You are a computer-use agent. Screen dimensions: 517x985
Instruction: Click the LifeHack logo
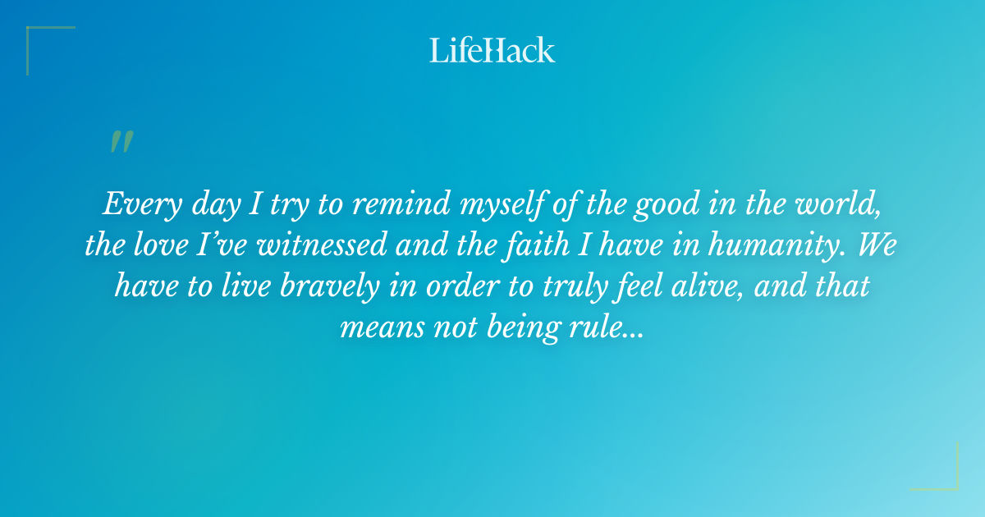[x=492, y=50]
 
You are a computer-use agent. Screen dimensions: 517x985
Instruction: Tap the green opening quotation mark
[x=121, y=142]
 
